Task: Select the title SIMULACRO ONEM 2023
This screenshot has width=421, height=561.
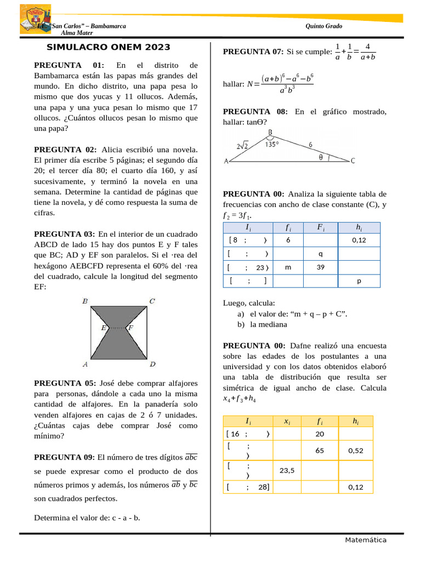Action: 109,48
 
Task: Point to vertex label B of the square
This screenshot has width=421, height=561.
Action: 85,301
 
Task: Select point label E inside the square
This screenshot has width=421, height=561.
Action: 104,328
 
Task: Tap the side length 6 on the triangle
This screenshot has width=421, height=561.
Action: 310,145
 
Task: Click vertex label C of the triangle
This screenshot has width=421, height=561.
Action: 352,161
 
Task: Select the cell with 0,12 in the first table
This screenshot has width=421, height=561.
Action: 359,239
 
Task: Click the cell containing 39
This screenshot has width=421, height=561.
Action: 320,268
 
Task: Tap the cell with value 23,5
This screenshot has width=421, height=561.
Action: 287,470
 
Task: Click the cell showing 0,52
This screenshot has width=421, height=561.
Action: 356,451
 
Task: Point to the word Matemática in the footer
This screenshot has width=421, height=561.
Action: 366,540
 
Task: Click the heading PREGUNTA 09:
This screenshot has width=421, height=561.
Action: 65,457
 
